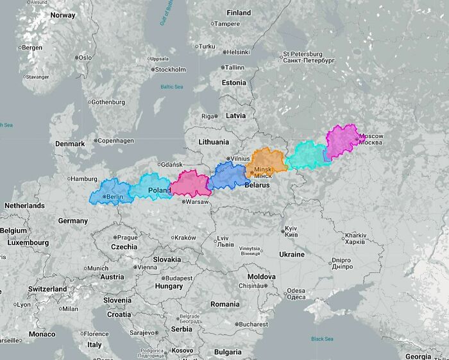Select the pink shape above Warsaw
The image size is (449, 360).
point(189,184)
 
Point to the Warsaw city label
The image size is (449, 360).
point(196,201)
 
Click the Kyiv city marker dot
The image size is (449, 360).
point(282,230)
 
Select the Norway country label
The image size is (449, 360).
point(63,15)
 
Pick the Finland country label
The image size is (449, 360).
point(239,12)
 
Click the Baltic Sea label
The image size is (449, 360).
point(171,87)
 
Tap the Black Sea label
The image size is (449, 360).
point(322,339)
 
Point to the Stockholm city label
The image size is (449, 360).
point(170,69)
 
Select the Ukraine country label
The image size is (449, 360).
point(292,254)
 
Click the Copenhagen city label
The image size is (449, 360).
point(115,141)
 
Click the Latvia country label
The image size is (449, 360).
point(235,116)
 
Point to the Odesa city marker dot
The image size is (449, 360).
point(283,291)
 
